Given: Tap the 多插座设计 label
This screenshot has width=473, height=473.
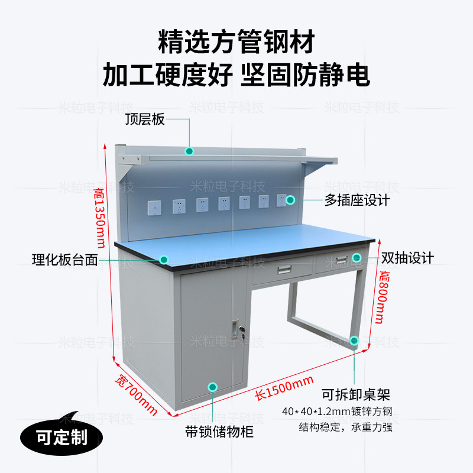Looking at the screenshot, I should (x=357, y=200).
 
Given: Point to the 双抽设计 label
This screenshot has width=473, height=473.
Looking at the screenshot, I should (x=407, y=258).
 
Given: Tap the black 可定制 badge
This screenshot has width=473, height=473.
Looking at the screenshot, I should (x=61, y=438).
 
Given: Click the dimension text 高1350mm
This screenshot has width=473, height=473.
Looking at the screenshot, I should (x=99, y=218).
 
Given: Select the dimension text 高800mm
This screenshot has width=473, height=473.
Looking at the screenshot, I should (x=385, y=298).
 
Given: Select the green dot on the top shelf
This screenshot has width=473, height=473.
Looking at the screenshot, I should (x=189, y=151).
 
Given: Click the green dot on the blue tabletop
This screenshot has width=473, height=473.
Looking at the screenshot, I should (x=164, y=259).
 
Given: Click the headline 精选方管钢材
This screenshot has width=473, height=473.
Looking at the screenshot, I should (x=236, y=43).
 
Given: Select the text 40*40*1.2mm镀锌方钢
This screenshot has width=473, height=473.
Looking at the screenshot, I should (x=342, y=412).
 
